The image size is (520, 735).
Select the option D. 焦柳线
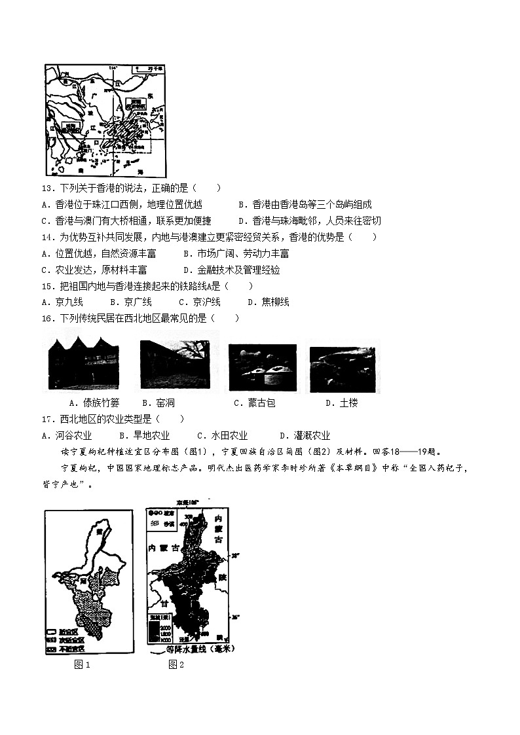(269, 302)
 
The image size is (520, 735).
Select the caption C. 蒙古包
(255, 403)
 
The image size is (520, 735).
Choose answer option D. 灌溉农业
(305, 436)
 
